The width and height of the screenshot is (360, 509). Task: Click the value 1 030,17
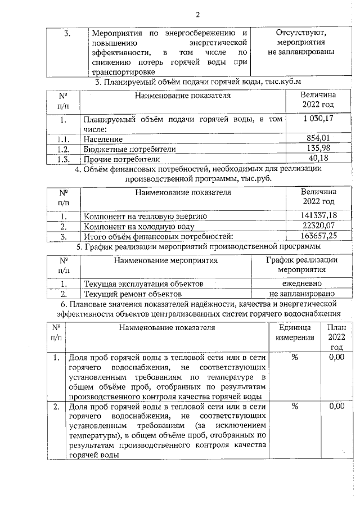pyautogui.click(x=318, y=118)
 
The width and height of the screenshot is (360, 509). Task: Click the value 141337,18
pyautogui.click(x=318, y=215)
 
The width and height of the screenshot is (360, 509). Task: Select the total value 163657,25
pyautogui.click(x=318, y=236)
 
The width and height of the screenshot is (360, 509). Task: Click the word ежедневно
pyautogui.click(x=301, y=283)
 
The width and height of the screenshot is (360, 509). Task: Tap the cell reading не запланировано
pyautogui.click(x=301, y=294)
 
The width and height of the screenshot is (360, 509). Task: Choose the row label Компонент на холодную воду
pyautogui.click(x=139, y=226)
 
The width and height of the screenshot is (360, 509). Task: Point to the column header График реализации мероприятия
pyautogui.click(x=301, y=264)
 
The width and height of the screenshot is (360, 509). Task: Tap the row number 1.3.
pyautogui.click(x=62, y=159)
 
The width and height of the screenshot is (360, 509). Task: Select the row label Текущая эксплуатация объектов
pyautogui.click(x=143, y=284)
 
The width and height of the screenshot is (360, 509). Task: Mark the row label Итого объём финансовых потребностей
pyautogui.click(x=158, y=236)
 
